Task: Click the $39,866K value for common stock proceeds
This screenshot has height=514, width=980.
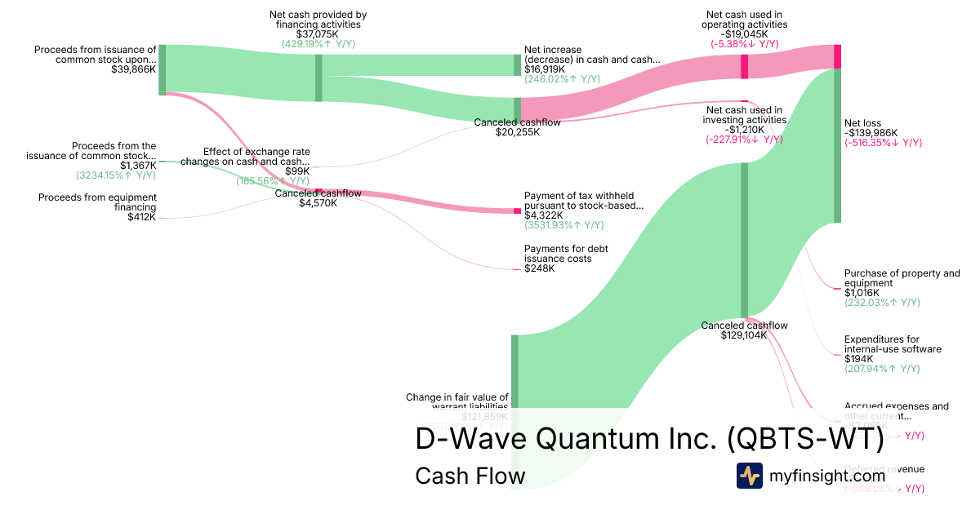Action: click(x=134, y=70)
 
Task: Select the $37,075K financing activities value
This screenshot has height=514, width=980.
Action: click(x=318, y=34)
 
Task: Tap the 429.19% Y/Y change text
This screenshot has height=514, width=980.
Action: click(x=318, y=44)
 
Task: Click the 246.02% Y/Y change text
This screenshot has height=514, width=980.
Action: click(x=562, y=79)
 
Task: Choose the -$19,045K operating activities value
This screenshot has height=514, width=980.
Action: click(x=744, y=34)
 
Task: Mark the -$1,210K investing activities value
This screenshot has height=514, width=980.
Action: click(x=744, y=130)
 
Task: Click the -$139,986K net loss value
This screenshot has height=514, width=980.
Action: click(x=871, y=133)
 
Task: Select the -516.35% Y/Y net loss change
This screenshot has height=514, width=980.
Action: click(x=883, y=143)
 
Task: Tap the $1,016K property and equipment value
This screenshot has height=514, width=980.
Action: click(x=862, y=293)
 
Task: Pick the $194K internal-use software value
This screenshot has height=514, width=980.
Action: click(x=858, y=359)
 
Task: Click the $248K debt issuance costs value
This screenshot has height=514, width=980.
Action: click(x=539, y=268)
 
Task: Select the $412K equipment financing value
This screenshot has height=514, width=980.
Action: click(x=141, y=217)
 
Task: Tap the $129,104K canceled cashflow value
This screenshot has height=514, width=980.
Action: click(x=744, y=335)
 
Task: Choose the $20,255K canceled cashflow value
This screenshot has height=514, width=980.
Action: click(x=517, y=132)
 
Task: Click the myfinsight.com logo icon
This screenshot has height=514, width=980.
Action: click(x=750, y=475)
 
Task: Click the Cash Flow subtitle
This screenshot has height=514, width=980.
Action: click(x=470, y=476)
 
